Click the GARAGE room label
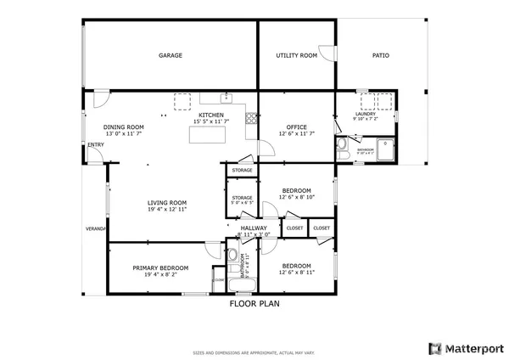pos(171,55)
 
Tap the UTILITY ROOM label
pos(297,55)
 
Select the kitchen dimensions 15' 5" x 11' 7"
pos(211,122)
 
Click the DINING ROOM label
pos(123,127)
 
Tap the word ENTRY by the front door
pos(95,144)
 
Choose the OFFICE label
pos(296,127)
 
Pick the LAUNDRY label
pos(366,114)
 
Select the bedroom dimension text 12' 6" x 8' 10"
pos(296,198)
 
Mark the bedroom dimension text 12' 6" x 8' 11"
pos(296,272)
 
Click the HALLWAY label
pos(254,228)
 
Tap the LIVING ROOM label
pos(167,202)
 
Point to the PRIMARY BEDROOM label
pos(160,267)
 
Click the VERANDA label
pos(95,229)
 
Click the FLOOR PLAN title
pos(255,302)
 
